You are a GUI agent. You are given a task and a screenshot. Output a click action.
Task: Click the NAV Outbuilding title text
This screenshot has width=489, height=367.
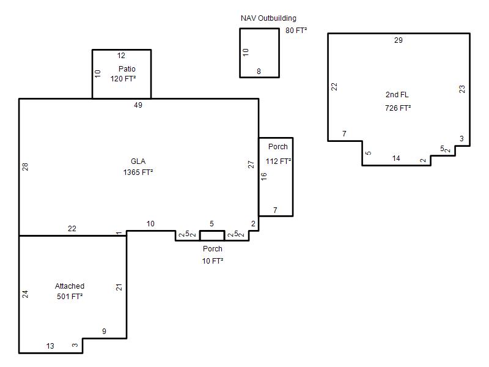click(268, 18)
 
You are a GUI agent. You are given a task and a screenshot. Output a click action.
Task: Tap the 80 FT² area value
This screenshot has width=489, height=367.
click(296, 30)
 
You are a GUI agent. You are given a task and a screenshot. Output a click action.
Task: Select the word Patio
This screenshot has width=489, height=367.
click(127, 69)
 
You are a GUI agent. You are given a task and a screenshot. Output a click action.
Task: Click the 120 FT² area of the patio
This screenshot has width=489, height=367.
click(123, 79)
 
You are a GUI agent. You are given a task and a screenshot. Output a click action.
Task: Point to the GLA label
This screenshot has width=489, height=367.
click(138, 161)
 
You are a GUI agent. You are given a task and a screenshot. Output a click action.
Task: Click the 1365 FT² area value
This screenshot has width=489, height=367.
click(138, 172)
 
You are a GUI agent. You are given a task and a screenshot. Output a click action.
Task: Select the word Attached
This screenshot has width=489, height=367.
click(70, 286)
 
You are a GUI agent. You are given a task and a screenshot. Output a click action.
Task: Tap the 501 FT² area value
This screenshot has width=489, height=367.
click(70, 297)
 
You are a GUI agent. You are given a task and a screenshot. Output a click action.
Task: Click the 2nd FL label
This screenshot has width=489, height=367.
click(397, 95)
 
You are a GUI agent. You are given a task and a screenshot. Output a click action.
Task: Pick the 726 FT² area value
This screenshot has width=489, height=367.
click(398, 108)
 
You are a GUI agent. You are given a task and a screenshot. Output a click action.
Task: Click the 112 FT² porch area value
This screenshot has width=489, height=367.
click(279, 161)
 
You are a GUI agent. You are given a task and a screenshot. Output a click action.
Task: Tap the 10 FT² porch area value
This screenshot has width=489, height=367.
click(213, 261)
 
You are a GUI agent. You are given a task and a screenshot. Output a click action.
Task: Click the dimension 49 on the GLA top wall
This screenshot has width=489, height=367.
click(138, 105)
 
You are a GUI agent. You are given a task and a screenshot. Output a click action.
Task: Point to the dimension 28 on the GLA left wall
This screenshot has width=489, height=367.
click(25, 166)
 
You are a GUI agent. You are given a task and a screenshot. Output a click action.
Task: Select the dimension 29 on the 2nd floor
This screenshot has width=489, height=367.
click(399, 40)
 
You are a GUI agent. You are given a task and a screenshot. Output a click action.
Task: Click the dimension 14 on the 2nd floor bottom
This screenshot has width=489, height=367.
click(396, 158)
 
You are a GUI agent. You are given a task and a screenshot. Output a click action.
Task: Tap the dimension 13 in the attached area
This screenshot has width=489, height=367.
click(50, 346)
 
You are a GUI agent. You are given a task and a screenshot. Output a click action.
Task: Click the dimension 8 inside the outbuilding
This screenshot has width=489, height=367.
click(259, 72)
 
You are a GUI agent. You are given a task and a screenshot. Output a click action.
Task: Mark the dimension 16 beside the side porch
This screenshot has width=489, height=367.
click(264, 176)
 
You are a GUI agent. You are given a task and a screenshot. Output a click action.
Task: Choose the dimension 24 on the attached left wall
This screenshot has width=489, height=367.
click(25, 294)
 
